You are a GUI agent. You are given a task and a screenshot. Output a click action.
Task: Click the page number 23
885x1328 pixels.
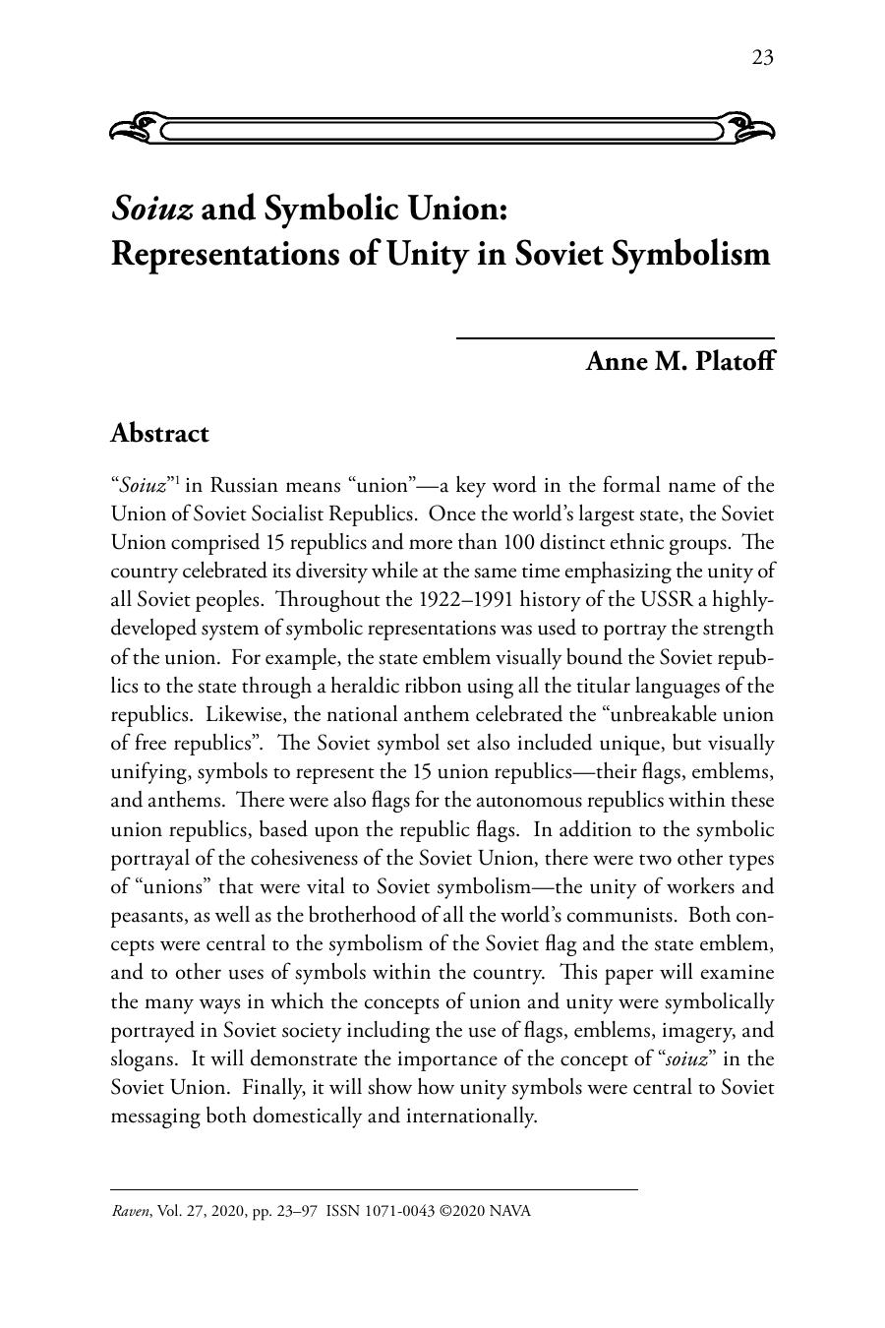point(762,58)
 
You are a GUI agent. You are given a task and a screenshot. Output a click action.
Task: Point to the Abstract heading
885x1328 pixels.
point(159,433)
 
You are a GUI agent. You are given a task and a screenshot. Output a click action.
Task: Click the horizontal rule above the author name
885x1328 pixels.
point(615,338)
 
